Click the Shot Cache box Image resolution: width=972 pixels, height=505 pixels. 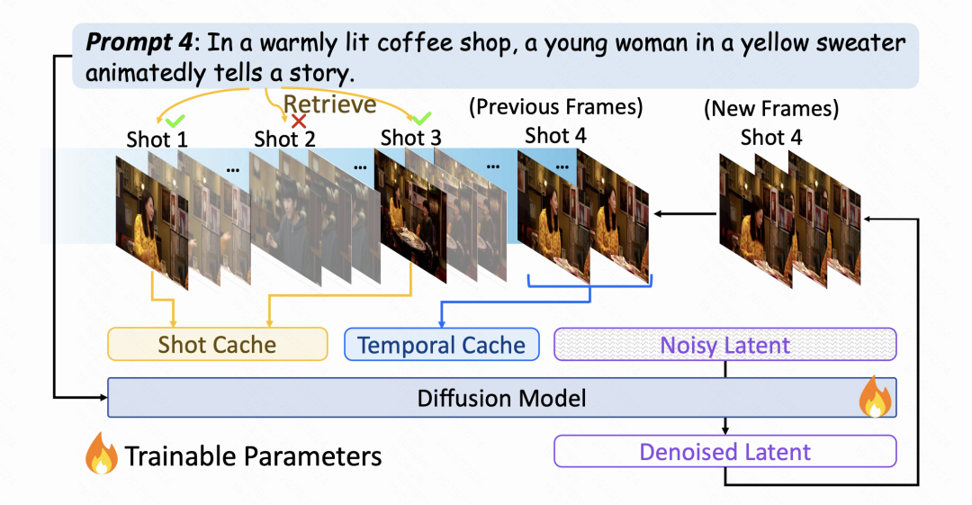pyautogui.click(x=217, y=345)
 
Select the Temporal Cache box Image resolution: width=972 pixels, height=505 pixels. pyautogui.click(x=441, y=345)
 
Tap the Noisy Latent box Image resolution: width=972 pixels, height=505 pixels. pyautogui.click(x=725, y=345)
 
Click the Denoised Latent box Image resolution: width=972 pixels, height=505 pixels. pyautogui.click(x=725, y=451)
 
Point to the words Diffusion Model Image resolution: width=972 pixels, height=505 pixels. pyautogui.click(x=501, y=398)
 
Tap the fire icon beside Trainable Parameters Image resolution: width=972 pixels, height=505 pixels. pyautogui.click(x=102, y=455)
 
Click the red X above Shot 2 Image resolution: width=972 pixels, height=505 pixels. pyautogui.click(x=298, y=121)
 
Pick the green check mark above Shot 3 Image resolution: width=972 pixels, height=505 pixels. pyautogui.click(x=420, y=118)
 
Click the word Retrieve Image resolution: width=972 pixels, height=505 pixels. pyautogui.click(x=329, y=104)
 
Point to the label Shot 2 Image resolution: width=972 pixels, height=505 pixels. pyautogui.click(x=284, y=139)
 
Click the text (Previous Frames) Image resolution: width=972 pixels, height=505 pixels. pyautogui.click(x=555, y=108)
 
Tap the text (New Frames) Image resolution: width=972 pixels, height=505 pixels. pyautogui.click(x=770, y=110)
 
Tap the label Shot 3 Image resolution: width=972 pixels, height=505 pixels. pyautogui.click(x=410, y=139)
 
